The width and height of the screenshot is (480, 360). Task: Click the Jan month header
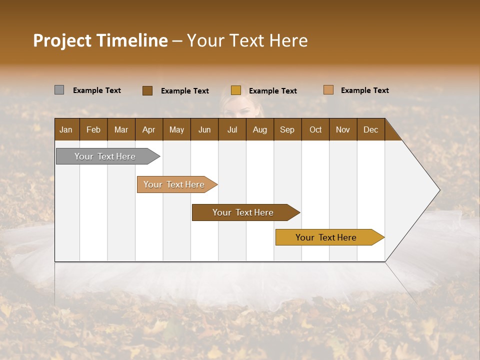[66, 129]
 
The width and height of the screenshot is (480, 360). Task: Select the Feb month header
[93, 129]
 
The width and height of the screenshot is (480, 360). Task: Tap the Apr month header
[149, 129]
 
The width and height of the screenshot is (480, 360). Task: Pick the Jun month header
[204, 129]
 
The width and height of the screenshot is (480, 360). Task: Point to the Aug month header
[260, 129]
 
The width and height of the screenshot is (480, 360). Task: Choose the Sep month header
[287, 129]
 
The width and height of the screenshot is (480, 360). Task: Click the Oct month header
[315, 129]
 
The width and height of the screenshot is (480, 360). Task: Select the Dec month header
[371, 129]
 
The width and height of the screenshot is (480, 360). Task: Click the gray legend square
[59, 90]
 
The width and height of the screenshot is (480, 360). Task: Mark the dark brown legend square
[147, 90]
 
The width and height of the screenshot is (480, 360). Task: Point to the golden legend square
[236, 90]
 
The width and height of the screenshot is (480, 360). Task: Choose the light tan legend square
[328, 90]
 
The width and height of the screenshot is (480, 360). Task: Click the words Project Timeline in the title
[100, 40]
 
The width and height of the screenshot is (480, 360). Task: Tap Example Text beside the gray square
[97, 90]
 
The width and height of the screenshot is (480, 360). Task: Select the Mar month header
[121, 129]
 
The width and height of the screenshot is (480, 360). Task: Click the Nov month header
[343, 129]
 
